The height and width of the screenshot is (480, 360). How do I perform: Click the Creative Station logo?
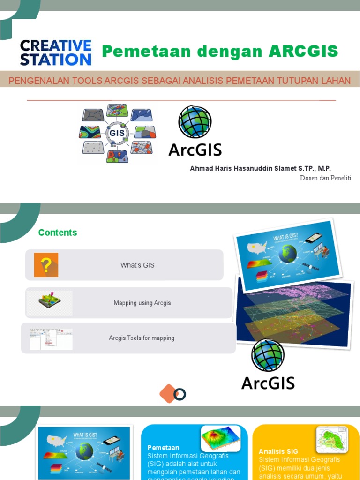[x=55, y=52]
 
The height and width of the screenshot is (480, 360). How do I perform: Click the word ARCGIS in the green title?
[x=303, y=51]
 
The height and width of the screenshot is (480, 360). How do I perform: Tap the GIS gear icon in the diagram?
[x=117, y=133]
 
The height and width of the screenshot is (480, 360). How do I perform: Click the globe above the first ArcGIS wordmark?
[x=195, y=121]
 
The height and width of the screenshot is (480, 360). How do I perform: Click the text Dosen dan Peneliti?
[x=325, y=178]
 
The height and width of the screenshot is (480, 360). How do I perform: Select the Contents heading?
[x=58, y=232]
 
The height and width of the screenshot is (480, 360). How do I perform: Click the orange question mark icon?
[x=46, y=265]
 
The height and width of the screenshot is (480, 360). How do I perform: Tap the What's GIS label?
[x=137, y=265]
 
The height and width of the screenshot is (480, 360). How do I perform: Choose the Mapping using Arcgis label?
[x=142, y=303]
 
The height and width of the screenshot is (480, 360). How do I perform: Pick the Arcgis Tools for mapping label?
[x=142, y=338]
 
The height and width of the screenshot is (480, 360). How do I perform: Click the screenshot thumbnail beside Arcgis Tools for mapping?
[x=51, y=338]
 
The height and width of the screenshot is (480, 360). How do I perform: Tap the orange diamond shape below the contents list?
[x=168, y=393]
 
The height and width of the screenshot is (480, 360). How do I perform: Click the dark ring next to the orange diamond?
[x=180, y=395]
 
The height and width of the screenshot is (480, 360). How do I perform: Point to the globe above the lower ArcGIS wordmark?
[x=268, y=355]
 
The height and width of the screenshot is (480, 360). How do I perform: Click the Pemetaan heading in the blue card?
[x=163, y=448]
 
